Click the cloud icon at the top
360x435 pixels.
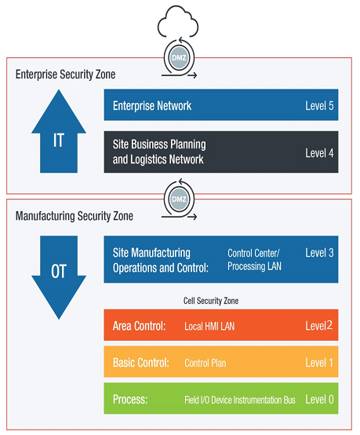click(x=178, y=22)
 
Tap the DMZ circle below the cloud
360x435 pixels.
click(x=179, y=58)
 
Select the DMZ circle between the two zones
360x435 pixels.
click(x=179, y=199)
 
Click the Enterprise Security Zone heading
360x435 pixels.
click(x=65, y=75)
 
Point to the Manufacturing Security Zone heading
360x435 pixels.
click(x=75, y=216)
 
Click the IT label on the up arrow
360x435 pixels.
click(x=59, y=141)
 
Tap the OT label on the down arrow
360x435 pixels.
click(x=59, y=272)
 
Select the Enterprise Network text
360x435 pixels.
click(x=152, y=106)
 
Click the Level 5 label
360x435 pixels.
click(x=319, y=106)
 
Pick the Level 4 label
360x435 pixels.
click(x=319, y=153)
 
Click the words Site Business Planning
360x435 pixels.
click(x=159, y=144)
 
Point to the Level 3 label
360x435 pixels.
click(x=319, y=253)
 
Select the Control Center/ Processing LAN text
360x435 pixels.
click(x=254, y=260)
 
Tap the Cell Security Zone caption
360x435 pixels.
click(x=211, y=301)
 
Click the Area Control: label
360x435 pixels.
click(x=139, y=326)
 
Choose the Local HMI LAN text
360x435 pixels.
click(x=209, y=327)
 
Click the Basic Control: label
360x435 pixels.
click(x=141, y=363)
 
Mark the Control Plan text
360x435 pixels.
click(x=205, y=363)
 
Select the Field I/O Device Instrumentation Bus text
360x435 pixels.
click(x=240, y=400)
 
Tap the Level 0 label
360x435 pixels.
click(x=319, y=400)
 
